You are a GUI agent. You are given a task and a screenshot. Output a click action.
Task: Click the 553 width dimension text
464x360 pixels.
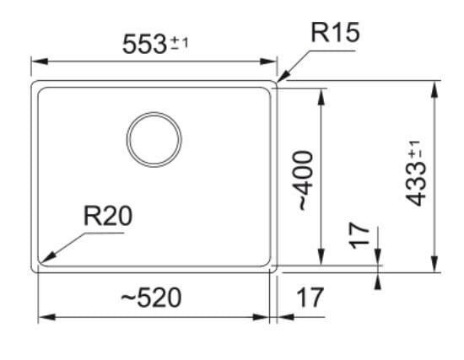144,45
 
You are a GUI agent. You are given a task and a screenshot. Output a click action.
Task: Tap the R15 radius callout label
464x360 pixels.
335,33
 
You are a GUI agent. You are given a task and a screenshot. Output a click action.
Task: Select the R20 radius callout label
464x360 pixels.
108,216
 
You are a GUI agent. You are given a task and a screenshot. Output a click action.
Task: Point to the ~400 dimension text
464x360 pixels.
305,180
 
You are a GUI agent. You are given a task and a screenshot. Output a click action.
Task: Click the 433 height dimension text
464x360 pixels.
415,185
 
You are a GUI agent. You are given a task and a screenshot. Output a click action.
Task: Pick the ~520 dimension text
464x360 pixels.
151,298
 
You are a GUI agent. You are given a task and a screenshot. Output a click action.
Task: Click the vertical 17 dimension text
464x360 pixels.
359,236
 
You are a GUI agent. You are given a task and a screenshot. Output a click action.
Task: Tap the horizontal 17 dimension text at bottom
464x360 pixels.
310,298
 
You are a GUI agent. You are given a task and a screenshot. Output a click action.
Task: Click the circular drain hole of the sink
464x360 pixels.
154,139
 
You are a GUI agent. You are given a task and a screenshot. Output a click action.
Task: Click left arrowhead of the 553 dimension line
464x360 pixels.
40,62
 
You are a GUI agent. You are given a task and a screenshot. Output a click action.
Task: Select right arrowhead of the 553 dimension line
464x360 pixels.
268,62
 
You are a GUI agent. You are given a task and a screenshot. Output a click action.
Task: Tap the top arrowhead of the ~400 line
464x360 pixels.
321,96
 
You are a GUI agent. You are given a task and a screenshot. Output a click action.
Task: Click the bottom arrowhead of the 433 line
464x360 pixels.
434,264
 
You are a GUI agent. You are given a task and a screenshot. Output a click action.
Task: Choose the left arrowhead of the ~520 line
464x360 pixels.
47,317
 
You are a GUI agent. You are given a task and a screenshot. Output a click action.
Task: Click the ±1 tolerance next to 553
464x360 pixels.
180,44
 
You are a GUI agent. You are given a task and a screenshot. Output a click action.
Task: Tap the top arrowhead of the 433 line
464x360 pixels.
434,89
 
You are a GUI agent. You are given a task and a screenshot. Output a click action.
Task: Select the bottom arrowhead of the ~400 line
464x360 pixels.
321,257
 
